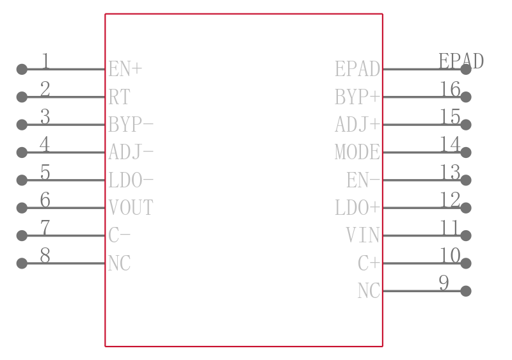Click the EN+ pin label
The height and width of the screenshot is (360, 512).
pos(125,69)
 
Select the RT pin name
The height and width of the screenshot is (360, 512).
pos(120,97)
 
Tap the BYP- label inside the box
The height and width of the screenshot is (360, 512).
pos(131,125)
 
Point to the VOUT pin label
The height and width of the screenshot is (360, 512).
pos(131,208)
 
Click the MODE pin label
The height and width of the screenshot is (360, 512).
pos(358,152)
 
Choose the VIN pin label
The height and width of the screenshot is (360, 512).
pos(363,235)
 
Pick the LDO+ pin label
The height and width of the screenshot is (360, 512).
pos(358,208)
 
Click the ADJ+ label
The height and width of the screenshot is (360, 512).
pos(358,125)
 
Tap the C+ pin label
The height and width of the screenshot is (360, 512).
pos(369,263)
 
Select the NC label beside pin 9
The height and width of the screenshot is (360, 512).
pos(369,291)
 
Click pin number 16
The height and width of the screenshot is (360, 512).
pos(451,89)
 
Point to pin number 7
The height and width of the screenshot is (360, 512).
pos(45,228)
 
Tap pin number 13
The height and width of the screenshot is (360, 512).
pos(451,172)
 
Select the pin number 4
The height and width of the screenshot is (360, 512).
pos(45,145)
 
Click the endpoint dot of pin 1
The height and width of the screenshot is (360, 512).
pos(22,69)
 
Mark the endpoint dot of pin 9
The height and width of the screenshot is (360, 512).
pos(466,291)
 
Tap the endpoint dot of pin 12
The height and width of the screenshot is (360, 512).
pos(466,208)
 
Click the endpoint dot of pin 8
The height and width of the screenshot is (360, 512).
pos(22,263)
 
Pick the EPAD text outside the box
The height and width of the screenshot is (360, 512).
pos(461,61)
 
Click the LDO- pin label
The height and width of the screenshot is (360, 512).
pos(131,180)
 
